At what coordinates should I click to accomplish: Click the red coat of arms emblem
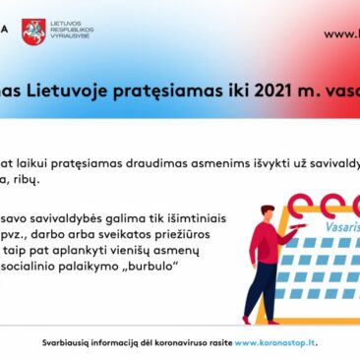tap(34, 31)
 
